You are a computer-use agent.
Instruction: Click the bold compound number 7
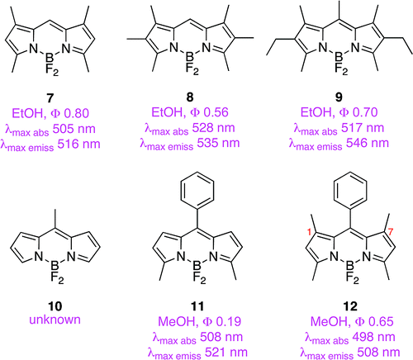click(x=50, y=98)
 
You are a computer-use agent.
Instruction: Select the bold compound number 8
click(x=190, y=97)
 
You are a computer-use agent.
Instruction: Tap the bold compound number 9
click(x=339, y=97)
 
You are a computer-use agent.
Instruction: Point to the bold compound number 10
click(x=55, y=306)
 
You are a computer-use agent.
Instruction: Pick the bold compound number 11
click(x=197, y=306)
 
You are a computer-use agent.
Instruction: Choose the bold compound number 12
click(x=350, y=306)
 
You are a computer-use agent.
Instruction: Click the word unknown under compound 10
click(x=55, y=320)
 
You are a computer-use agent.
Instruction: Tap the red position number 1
click(x=309, y=232)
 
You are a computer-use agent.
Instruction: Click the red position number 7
click(x=390, y=231)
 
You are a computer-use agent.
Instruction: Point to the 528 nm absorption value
click(x=213, y=128)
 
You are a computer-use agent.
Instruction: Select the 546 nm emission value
click(x=368, y=143)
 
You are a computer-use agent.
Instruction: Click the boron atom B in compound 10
click(x=55, y=266)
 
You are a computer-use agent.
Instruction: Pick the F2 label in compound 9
click(x=341, y=69)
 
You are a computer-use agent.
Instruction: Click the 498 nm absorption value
click(x=373, y=337)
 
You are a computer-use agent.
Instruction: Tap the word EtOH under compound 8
click(x=167, y=112)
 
